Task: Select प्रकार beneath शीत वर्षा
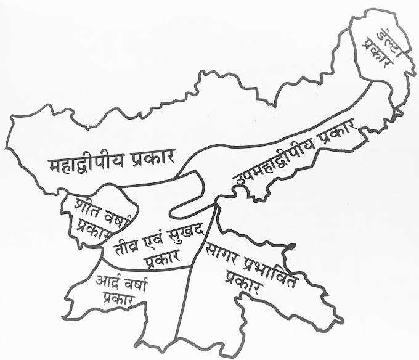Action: click(x=92, y=229)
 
